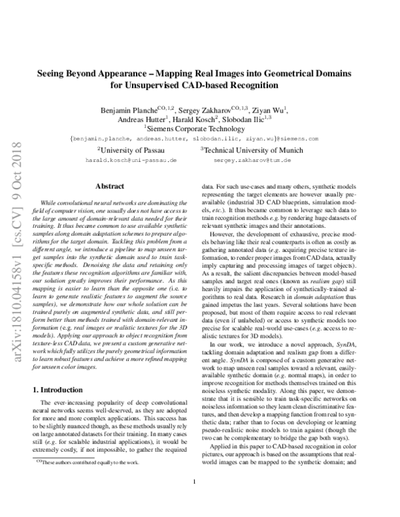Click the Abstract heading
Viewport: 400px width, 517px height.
110,188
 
